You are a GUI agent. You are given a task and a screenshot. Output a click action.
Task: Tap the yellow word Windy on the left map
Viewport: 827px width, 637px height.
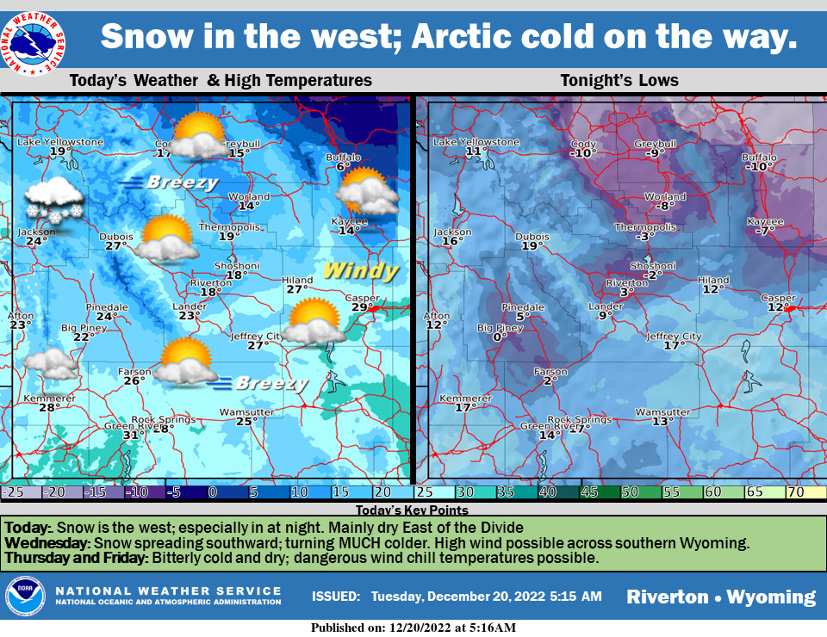click(361, 272)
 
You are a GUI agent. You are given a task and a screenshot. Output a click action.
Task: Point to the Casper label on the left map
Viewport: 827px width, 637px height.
click(362, 298)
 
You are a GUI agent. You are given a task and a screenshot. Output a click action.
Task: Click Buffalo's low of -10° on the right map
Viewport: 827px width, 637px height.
click(759, 167)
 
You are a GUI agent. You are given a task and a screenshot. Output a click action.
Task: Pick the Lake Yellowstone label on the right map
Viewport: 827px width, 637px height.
click(476, 142)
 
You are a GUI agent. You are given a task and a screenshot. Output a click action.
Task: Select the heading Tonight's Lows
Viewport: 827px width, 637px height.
click(619, 81)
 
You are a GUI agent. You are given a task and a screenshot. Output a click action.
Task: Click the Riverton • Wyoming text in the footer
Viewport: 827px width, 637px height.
click(721, 597)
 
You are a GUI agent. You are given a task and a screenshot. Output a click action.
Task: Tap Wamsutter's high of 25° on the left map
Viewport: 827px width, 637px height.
click(247, 421)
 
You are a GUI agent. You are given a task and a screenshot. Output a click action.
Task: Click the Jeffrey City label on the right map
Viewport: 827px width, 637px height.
click(674, 337)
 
